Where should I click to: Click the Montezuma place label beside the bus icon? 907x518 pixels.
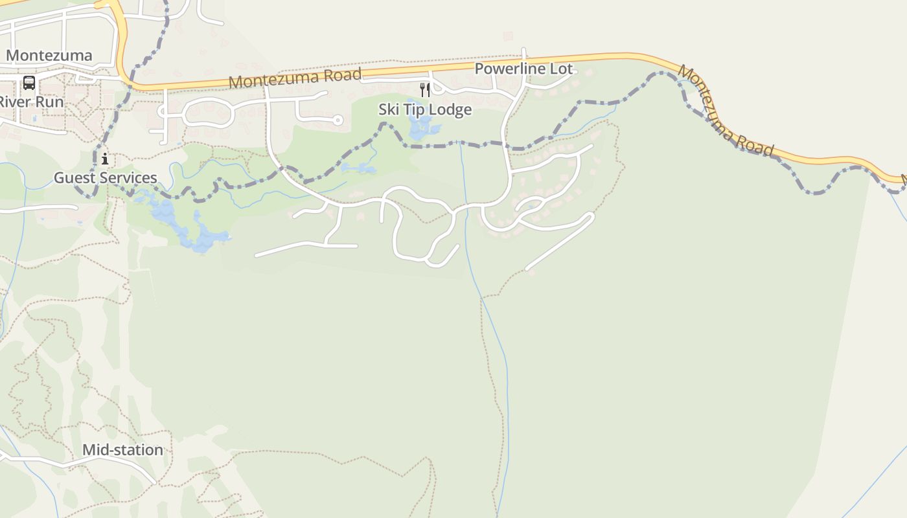49,56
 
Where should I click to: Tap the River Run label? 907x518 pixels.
31,102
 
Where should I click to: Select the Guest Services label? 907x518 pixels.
105,178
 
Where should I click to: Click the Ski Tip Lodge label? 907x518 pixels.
425,110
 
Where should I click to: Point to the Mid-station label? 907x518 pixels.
122,450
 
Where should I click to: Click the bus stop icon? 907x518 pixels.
29,83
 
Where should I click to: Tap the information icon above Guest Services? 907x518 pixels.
105,159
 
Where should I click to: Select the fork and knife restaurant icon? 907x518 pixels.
425,89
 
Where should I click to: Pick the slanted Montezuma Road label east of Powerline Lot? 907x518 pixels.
726,111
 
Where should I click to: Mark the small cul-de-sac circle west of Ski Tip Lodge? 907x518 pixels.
338,120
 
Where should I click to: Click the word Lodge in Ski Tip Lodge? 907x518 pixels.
450,110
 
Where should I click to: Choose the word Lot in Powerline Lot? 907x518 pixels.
562,69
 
